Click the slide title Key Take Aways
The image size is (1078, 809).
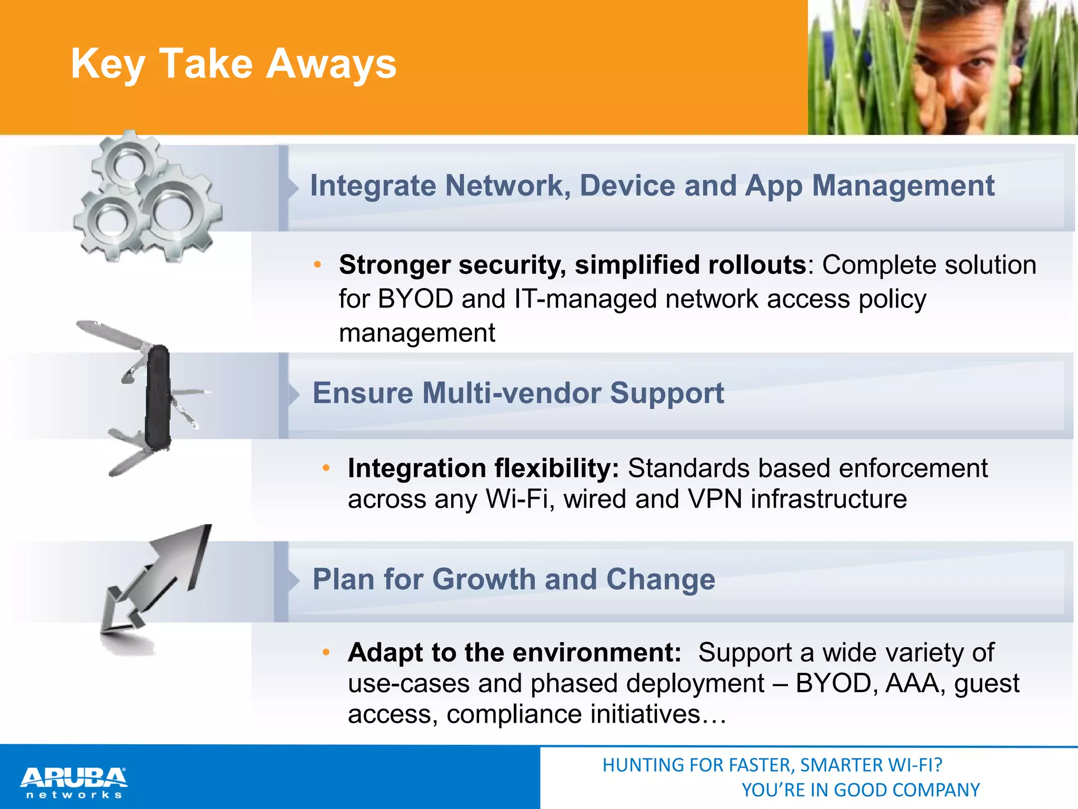pyautogui.click(x=233, y=64)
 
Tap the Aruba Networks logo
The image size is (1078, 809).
pyautogui.click(x=74, y=782)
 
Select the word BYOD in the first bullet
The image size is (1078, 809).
pyautogui.click(x=415, y=299)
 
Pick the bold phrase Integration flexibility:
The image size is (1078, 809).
pyautogui.click(x=483, y=468)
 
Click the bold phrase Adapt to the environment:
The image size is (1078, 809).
pyautogui.click(x=514, y=653)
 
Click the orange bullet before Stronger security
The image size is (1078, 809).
pyautogui.click(x=317, y=265)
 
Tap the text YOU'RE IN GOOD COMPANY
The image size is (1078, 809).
pyautogui.click(x=860, y=790)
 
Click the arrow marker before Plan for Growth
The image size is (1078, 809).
pyautogui.click(x=293, y=580)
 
